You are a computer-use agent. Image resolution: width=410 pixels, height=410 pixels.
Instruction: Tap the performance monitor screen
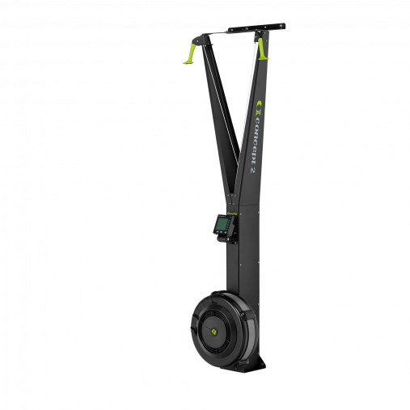220,225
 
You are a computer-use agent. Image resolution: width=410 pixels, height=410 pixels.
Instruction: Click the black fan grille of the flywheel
203,319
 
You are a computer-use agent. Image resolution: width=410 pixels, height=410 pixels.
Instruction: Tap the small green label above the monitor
231,213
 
